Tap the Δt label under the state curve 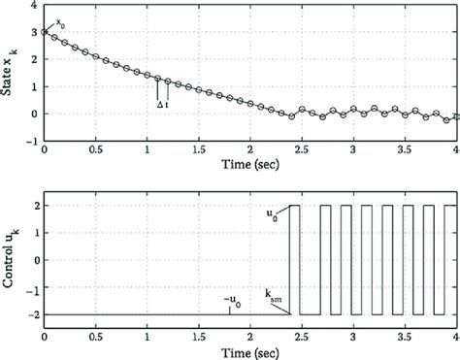coord(163,102)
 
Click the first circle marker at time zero coord(45,32)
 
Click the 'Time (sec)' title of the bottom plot coord(250,352)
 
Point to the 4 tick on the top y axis coord(34,6)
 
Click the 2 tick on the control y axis coord(34,207)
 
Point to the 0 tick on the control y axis coord(34,261)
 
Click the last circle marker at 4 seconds coord(456,116)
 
